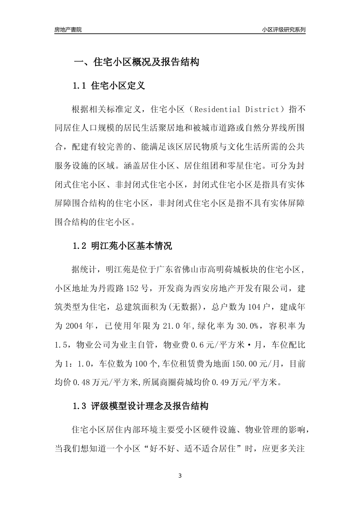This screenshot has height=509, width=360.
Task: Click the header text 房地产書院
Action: click(x=68, y=30)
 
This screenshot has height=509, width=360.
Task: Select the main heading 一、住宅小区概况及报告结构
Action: click(x=136, y=62)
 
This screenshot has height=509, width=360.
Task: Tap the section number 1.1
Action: click(x=80, y=86)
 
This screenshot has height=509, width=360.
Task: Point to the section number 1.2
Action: click(x=80, y=246)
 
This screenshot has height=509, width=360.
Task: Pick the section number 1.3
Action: click(x=80, y=407)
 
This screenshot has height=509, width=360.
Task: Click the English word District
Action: click(x=263, y=110)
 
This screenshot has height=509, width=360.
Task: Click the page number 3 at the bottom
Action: click(x=180, y=476)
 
